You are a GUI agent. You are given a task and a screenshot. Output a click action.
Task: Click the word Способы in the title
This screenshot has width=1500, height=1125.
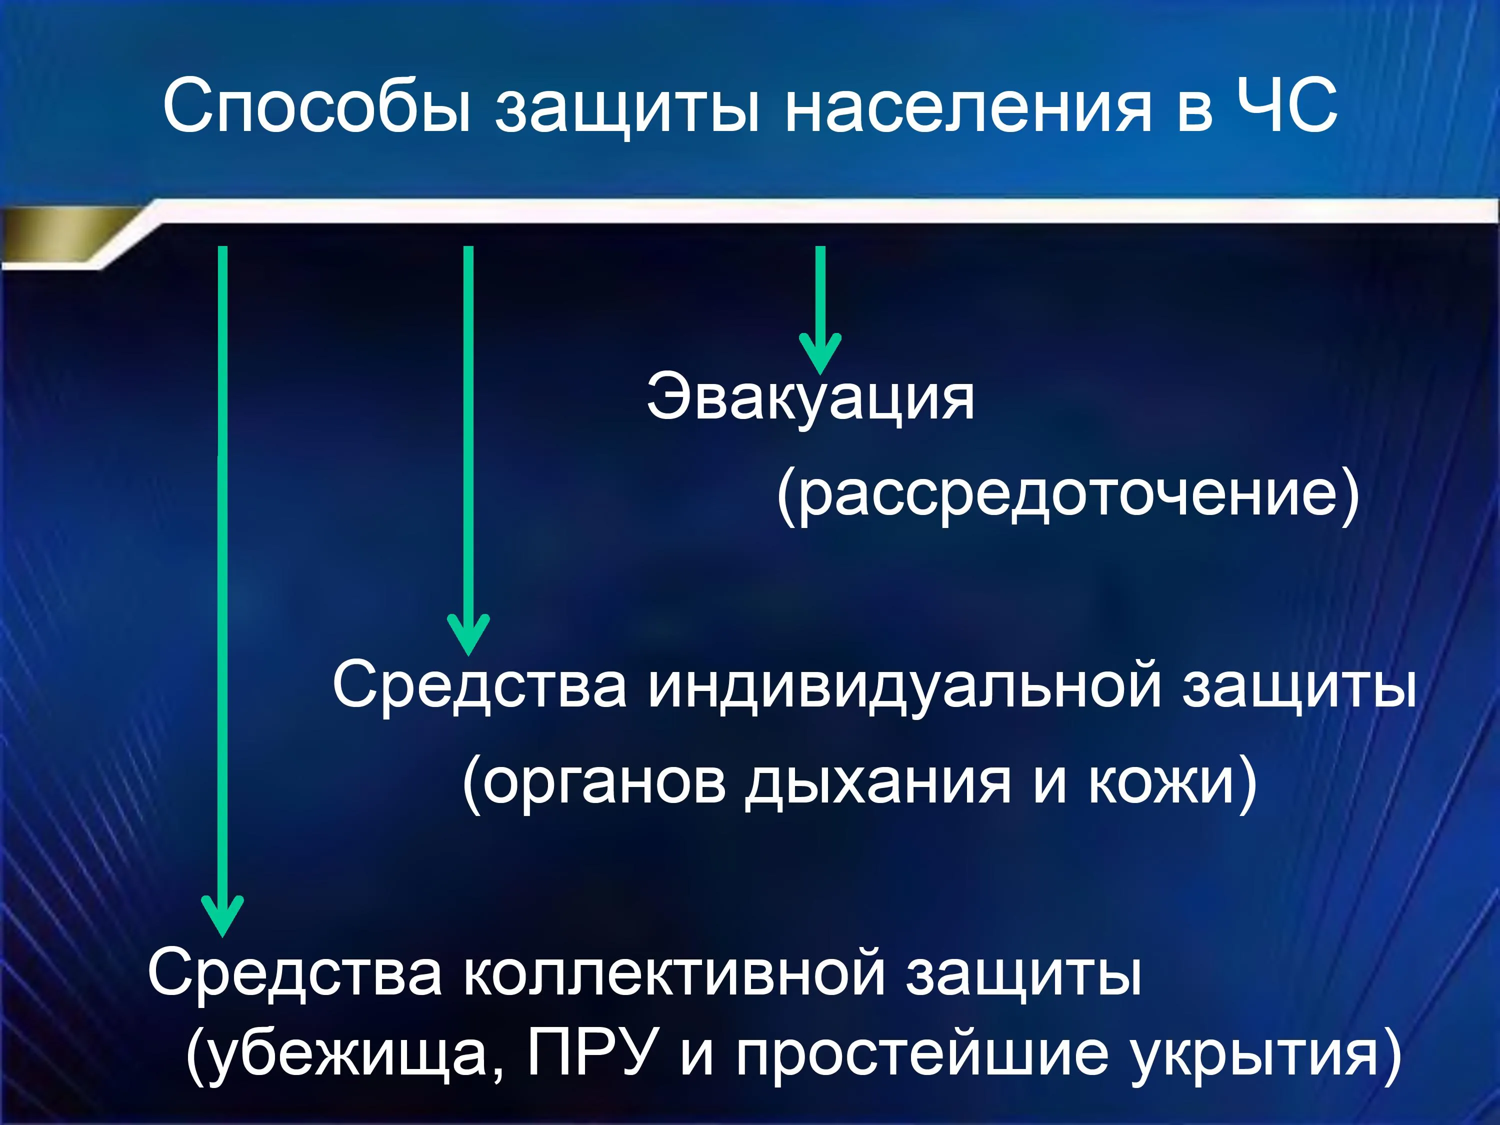click(x=316, y=105)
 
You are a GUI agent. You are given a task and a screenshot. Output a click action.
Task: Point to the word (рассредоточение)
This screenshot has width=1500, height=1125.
click(x=1068, y=494)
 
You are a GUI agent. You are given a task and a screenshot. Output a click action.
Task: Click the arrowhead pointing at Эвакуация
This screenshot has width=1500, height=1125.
click(x=820, y=352)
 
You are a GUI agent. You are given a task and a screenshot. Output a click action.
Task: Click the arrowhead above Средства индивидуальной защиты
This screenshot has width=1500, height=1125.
click(x=468, y=633)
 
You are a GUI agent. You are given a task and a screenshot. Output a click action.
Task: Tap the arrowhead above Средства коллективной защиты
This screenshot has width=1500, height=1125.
click(x=221, y=915)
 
